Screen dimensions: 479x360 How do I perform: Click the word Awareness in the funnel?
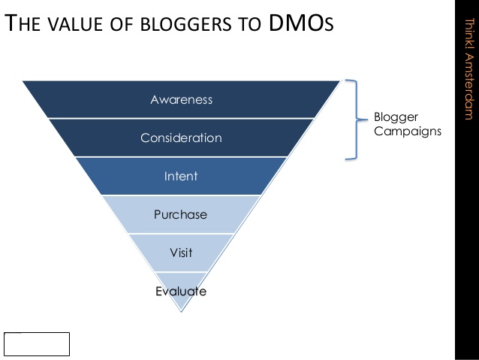[x=182, y=100]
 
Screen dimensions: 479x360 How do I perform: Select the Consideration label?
[x=181, y=138]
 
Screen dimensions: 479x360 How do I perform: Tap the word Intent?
[x=181, y=176]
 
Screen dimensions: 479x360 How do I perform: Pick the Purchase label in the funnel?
[x=180, y=214]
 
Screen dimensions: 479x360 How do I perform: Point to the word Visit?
[x=181, y=253]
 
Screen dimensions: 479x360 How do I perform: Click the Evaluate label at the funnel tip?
[x=181, y=291]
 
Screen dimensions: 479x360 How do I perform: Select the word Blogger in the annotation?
[x=396, y=117]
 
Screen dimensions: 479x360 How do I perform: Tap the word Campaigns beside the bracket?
[x=408, y=132]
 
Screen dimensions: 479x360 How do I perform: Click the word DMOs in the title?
[x=301, y=23]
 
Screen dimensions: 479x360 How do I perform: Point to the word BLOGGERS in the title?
[x=185, y=24]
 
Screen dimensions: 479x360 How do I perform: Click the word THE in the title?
[x=23, y=23]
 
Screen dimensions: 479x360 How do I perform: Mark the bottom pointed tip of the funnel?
[x=181, y=312]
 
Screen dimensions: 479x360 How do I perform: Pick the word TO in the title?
[x=250, y=24]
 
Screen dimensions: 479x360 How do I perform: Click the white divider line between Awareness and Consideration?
[x=182, y=118]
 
